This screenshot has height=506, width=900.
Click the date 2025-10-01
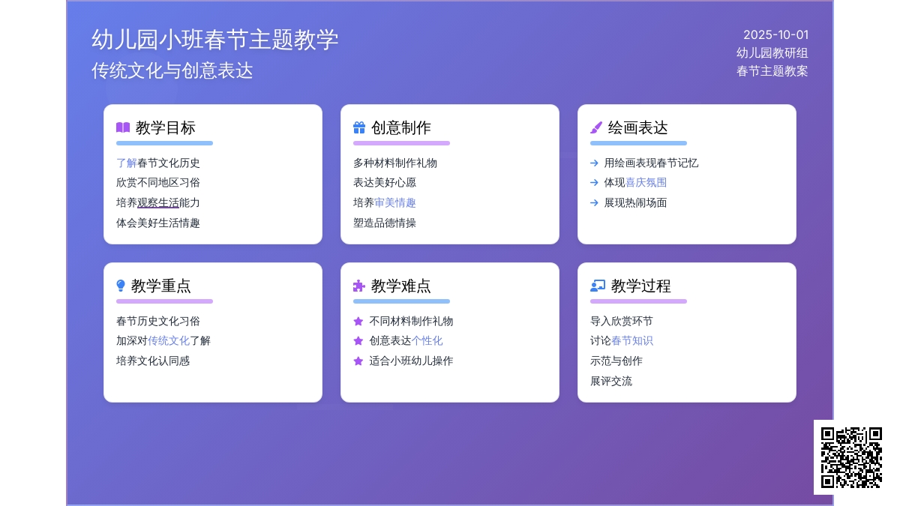[x=775, y=35]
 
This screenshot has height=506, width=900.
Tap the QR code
[x=851, y=457]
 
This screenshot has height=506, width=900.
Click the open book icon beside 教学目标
[x=123, y=127]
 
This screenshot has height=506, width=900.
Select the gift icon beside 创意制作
[x=359, y=127]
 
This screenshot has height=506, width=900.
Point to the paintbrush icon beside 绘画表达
[x=596, y=127]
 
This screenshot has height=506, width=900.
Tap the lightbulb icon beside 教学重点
[x=121, y=286]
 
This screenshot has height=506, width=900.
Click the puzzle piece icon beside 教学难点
[x=358, y=286]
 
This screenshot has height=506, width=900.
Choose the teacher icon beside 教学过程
[x=598, y=286]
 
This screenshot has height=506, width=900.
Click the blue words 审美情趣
[x=395, y=203]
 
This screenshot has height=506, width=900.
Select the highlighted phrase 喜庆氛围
[x=646, y=183]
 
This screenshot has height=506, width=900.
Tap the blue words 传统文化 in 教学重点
[x=169, y=341]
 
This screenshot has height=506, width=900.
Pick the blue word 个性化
[x=427, y=341]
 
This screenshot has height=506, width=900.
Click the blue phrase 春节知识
[x=632, y=341]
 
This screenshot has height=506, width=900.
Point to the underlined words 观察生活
[x=158, y=203]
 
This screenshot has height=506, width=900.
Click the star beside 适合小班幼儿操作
[x=358, y=361]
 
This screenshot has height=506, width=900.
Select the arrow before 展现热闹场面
[x=594, y=203]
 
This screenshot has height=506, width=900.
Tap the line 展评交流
[x=611, y=381]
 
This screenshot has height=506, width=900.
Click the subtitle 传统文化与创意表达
[x=172, y=70]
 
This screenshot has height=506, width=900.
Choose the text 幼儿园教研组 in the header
[x=772, y=53]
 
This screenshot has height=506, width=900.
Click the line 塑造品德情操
[x=385, y=223]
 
